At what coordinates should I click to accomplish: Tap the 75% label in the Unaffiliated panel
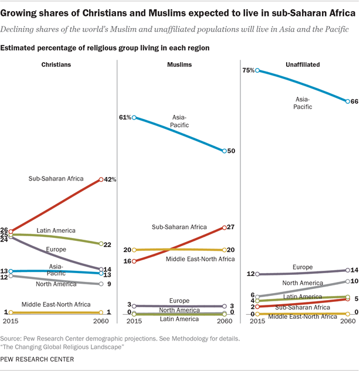(x=249, y=70)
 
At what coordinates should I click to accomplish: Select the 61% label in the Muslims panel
(x=124, y=117)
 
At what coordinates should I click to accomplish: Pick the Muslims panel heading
(x=179, y=64)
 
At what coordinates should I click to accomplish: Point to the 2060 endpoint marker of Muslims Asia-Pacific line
(x=224, y=151)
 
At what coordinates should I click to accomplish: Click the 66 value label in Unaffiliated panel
(x=354, y=101)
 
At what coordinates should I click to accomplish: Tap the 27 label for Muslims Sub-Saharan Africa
(x=231, y=227)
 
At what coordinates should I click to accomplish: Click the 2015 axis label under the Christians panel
(x=11, y=322)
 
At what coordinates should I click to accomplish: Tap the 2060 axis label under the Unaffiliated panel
(x=347, y=322)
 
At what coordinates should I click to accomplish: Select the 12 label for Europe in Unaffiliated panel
(x=250, y=274)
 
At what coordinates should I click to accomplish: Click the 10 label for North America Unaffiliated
(x=354, y=281)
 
